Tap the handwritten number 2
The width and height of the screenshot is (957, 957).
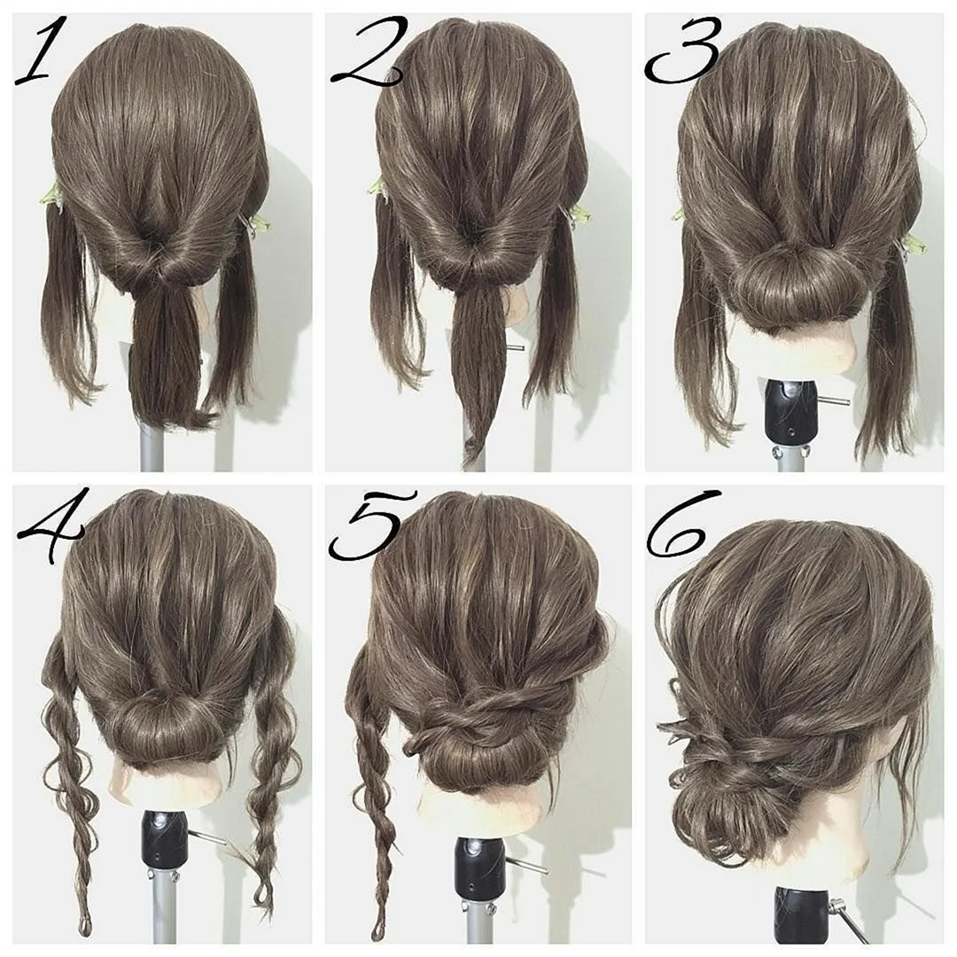pos(366,53)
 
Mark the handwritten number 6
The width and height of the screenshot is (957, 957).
pos(681,524)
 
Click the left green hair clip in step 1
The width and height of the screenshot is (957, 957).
pos(53,194)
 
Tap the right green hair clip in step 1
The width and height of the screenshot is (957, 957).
pos(256,224)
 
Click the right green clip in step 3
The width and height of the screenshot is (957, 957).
pos(912,245)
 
